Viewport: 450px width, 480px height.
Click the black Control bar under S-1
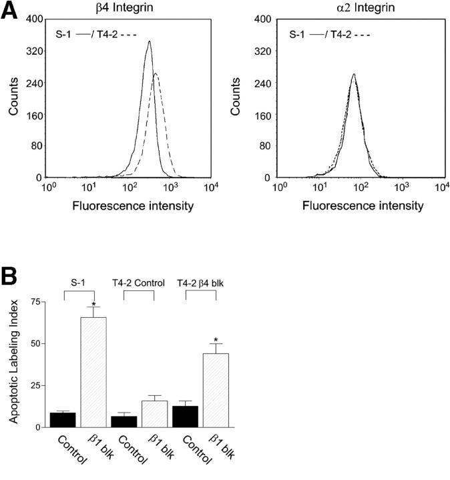[63, 420]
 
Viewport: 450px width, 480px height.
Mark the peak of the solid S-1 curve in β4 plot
[149, 41]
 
